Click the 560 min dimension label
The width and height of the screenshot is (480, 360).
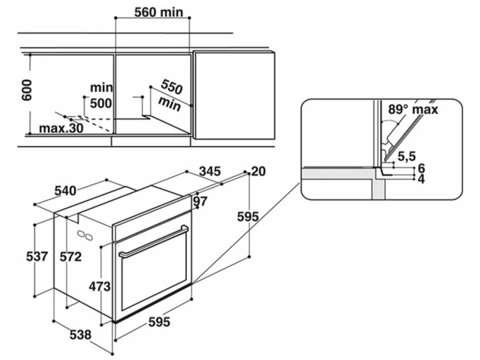pos(159,12)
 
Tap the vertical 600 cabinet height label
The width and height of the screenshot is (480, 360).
pos(27,90)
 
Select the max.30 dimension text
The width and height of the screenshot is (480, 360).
pos(61,128)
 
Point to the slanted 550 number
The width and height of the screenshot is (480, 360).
pos(172,87)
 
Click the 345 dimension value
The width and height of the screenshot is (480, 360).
pos(210,171)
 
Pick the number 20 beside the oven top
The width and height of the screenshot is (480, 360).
pos(259,171)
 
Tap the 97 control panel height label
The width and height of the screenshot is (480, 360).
pos(201,201)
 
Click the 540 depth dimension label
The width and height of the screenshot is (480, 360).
pos(65,191)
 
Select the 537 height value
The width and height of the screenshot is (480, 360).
pos(37,257)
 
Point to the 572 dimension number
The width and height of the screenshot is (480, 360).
pos(71,257)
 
